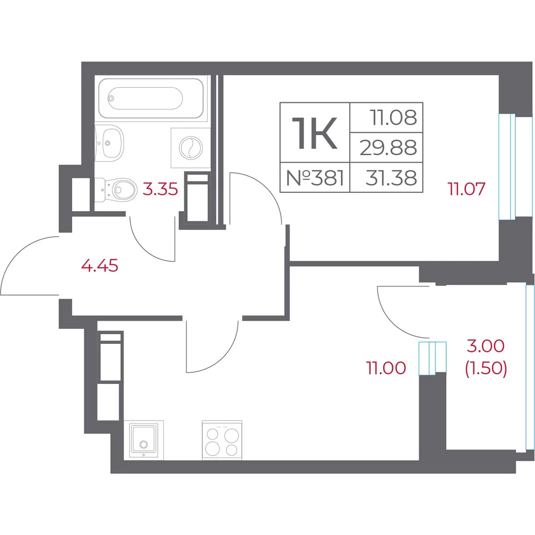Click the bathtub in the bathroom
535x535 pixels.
click(x=151, y=99)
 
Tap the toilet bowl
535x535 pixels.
click(x=116, y=190)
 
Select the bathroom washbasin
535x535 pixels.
click(x=109, y=142)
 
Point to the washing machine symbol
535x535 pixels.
click(x=190, y=148)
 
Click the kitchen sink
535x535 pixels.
click(x=143, y=440)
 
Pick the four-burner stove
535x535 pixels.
click(x=222, y=440)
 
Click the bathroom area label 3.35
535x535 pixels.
click(x=160, y=189)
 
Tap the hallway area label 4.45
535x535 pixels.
click(x=100, y=266)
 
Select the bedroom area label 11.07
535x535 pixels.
click(x=467, y=189)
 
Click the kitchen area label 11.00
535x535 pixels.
click(x=386, y=368)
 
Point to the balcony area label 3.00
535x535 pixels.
click(x=486, y=346)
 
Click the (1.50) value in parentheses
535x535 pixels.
click(x=486, y=368)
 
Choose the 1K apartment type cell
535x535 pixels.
click(x=315, y=133)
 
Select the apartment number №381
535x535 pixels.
click(x=315, y=178)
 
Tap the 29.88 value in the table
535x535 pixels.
click(x=388, y=148)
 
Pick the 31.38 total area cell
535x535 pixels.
click(x=391, y=178)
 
